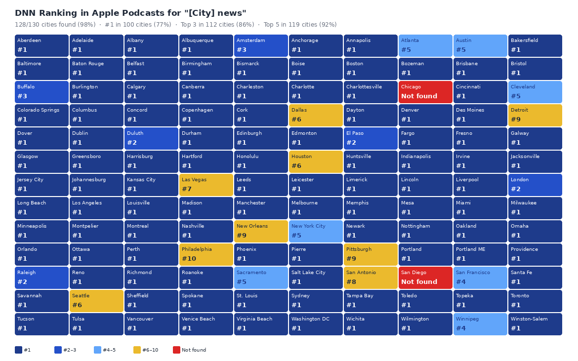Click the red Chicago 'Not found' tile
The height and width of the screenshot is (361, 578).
point(425,92)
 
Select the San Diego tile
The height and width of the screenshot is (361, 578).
point(425,278)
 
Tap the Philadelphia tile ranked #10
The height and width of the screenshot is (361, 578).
point(206,254)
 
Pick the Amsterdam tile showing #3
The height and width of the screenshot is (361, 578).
point(261,45)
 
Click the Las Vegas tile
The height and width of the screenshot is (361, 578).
point(206,185)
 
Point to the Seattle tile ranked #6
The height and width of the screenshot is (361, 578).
point(96,301)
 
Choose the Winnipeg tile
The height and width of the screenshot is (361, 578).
point(480,324)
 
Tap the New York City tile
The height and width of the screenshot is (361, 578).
point(316,231)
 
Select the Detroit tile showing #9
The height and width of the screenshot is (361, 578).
point(535,115)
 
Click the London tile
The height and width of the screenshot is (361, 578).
point(535,185)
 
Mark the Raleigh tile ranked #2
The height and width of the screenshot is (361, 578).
point(41,278)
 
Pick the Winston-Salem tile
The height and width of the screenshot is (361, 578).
point(535,324)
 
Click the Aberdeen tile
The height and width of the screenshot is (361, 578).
point(41,45)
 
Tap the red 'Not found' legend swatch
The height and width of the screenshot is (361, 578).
point(176,350)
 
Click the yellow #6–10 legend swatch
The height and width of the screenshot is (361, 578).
point(137,350)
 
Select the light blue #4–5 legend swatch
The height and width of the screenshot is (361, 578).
point(97,350)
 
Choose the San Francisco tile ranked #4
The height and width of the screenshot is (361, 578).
point(480,278)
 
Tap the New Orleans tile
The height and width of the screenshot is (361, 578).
point(261,231)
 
